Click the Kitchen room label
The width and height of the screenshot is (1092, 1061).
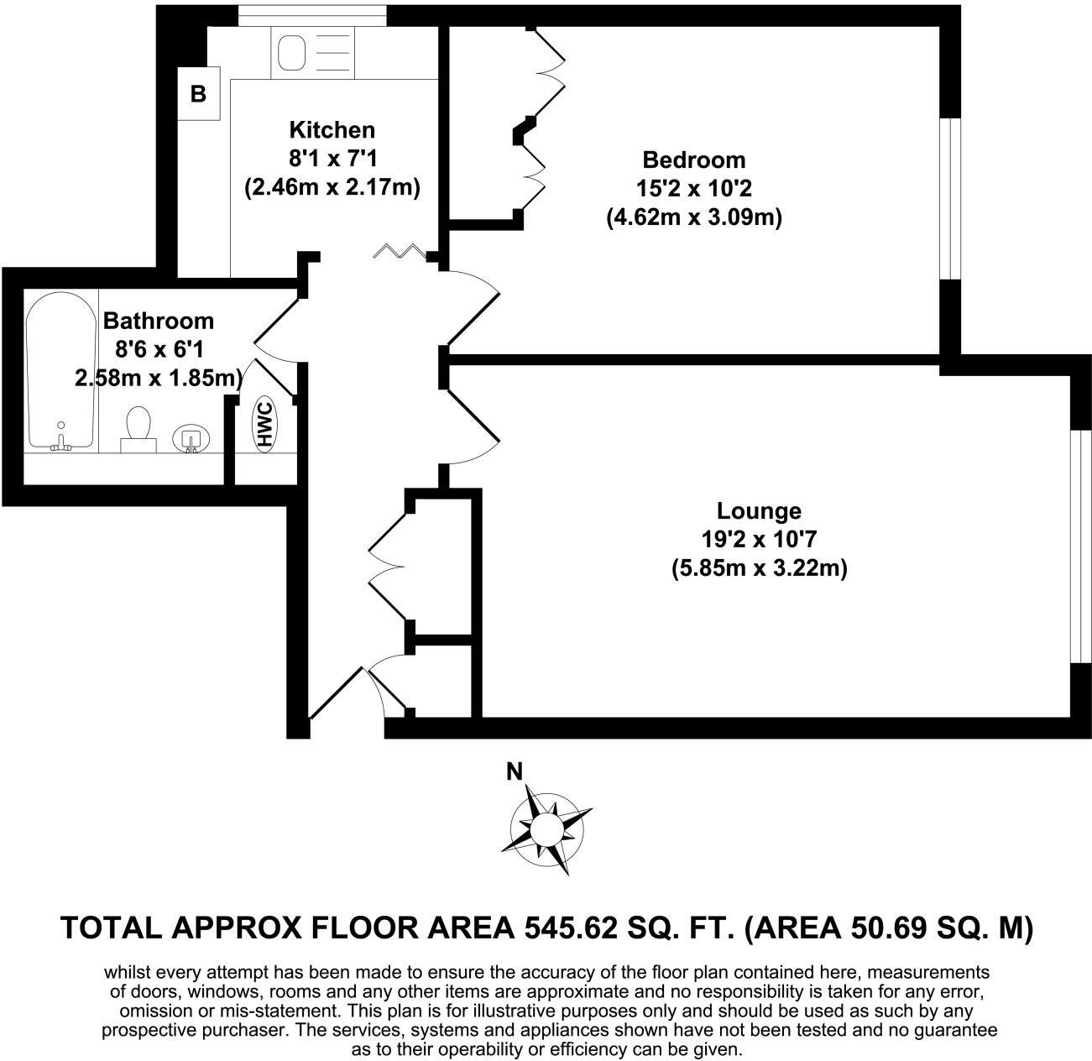[x=332, y=130]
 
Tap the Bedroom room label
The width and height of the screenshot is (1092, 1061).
[x=693, y=159]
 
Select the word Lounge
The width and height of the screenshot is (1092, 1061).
[x=759, y=510]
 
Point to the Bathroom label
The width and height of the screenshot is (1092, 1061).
[x=158, y=321]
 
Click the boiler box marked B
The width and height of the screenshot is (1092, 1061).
[x=198, y=93]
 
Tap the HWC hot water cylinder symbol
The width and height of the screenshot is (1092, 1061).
[x=265, y=424]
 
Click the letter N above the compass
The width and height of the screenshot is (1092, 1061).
[x=515, y=771]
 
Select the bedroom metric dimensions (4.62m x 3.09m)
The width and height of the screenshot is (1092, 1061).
[x=693, y=218]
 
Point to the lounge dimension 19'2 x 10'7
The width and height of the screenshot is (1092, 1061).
[x=759, y=540]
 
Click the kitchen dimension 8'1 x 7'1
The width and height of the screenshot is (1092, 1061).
[x=332, y=159]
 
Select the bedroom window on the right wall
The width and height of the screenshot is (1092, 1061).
[x=949, y=198]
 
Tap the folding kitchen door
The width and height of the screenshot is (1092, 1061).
[x=404, y=250]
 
